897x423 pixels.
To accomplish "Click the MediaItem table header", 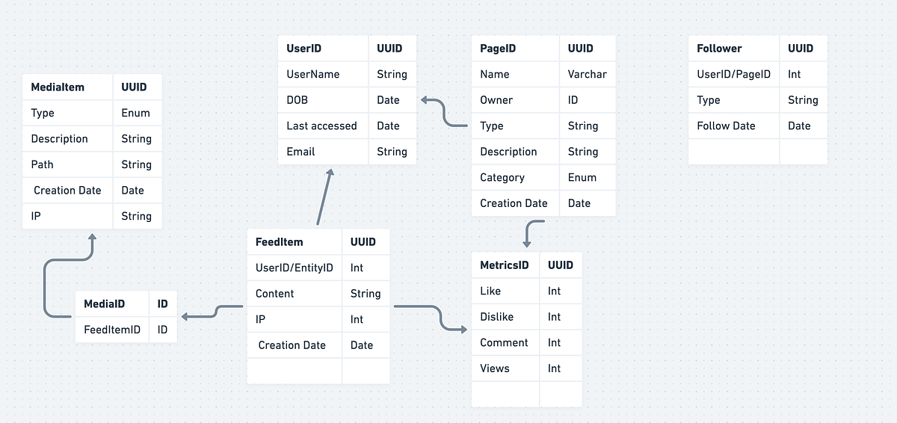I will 58,87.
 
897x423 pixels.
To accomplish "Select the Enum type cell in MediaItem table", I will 136,113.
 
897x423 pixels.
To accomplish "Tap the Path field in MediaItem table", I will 43,164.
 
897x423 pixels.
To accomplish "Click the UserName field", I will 313,74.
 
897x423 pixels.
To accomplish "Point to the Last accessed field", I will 321,126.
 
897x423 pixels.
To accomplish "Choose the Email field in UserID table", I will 300,152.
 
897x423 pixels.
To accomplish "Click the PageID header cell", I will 498,49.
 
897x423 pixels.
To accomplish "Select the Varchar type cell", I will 587,74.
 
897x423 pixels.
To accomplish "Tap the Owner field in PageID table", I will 496,100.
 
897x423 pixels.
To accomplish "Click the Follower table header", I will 719,49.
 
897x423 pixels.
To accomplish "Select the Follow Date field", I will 726,126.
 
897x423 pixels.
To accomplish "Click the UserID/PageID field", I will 733,74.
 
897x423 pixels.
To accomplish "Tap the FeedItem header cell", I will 279,242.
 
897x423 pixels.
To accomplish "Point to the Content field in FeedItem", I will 275,294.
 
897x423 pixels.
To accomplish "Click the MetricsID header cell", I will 505,265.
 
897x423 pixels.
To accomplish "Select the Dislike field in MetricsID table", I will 497,317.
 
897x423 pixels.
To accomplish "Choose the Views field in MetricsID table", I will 495,368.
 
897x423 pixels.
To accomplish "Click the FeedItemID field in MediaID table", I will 112,330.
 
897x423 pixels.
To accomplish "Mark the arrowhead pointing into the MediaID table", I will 185,316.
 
